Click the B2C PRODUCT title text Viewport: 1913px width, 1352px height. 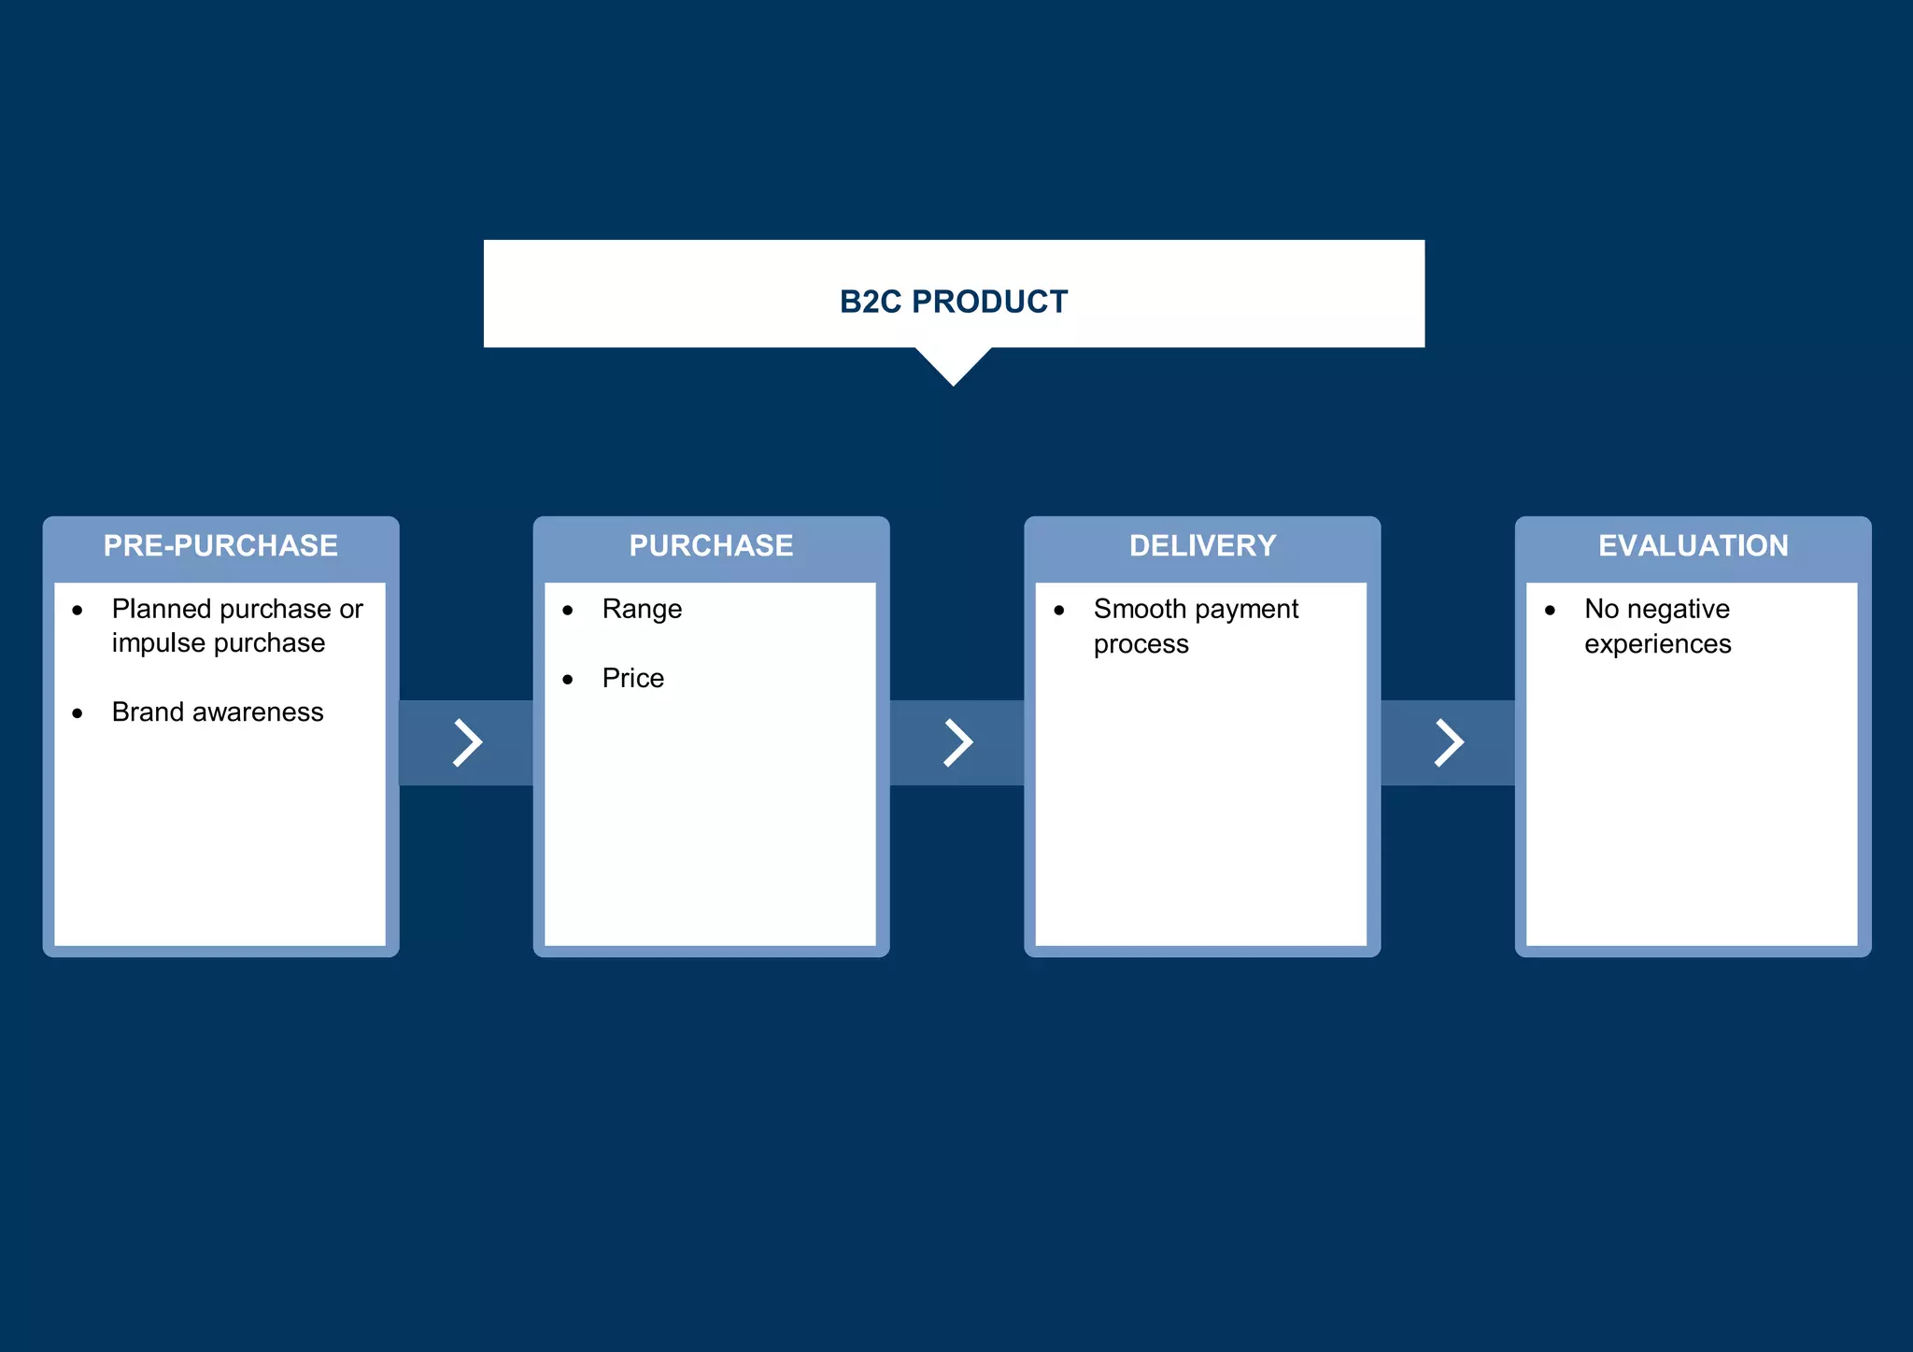pyautogui.click(x=953, y=302)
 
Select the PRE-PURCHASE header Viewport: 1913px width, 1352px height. pyautogui.click(x=220, y=546)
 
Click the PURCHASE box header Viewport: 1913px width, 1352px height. pyautogui.click(x=711, y=546)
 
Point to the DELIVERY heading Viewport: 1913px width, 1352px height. pyautogui.click(x=1202, y=546)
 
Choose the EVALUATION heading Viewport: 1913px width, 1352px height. pyautogui.click(x=1693, y=546)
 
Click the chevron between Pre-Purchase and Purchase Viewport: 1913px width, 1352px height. pyautogui.click(x=467, y=743)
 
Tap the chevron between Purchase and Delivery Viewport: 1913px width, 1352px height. pyautogui.click(x=957, y=743)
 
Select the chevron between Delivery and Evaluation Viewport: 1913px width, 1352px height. pyautogui.click(x=1449, y=743)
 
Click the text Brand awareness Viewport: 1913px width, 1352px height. pyautogui.click(x=218, y=712)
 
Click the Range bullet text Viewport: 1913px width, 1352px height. pyautogui.click(x=642, y=610)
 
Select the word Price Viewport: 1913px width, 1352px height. pyautogui.click(x=632, y=679)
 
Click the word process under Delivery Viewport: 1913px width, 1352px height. pyautogui.click(x=1141, y=645)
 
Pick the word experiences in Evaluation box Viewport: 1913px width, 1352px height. pyautogui.click(x=1657, y=645)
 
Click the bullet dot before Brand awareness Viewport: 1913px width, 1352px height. pyautogui.click(x=78, y=714)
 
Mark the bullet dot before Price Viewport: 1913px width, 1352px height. pyautogui.click(x=568, y=680)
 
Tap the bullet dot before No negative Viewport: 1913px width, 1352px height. pyautogui.click(x=1550, y=611)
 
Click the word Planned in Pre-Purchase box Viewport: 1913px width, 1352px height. pyautogui.click(x=161, y=610)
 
